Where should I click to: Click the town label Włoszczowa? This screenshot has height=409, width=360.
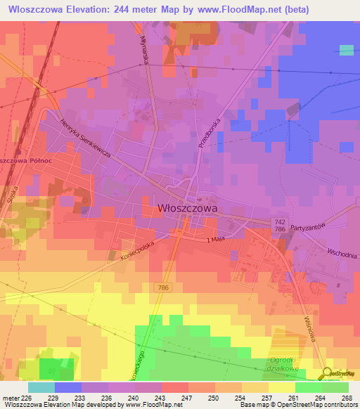188,208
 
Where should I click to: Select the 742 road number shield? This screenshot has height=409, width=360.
279,221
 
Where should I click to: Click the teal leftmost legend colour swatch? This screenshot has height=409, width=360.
41,387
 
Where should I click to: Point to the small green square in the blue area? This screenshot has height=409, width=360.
347,50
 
